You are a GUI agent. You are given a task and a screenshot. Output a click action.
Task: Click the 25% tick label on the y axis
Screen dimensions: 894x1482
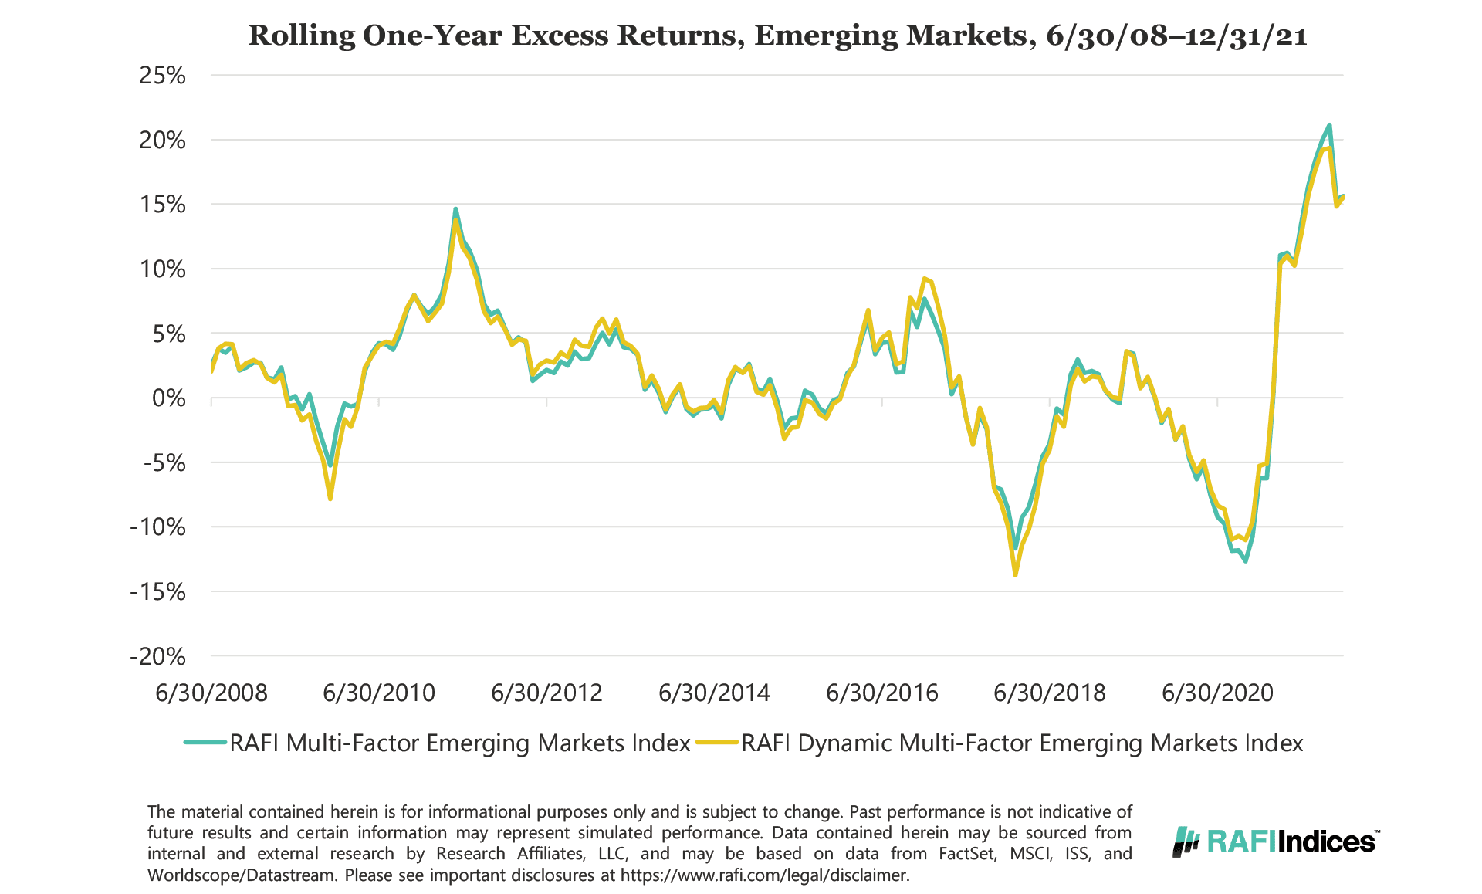tap(162, 76)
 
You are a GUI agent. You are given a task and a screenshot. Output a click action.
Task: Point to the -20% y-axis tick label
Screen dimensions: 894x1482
tap(158, 657)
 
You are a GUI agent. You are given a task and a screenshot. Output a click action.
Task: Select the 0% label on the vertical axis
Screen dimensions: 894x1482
tap(168, 398)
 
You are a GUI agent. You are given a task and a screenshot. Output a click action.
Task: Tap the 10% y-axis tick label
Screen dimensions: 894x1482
tap(162, 269)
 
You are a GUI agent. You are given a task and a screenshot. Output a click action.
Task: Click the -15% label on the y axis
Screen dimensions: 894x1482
tap(158, 592)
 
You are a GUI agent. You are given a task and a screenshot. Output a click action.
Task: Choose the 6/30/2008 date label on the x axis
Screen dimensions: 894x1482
tap(211, 693)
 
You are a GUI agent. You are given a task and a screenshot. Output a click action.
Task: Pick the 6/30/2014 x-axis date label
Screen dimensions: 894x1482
tap(714, 693)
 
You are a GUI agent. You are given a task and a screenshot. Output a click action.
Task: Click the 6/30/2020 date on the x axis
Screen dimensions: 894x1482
tap(1217, 693)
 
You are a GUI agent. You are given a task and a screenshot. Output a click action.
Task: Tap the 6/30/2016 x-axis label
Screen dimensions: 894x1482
tap(881, 693)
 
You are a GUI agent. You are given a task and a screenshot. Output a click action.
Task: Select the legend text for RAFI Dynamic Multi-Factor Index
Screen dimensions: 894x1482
tap(1022, 743)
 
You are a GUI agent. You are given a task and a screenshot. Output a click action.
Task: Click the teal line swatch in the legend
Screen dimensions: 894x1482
tap(205, 743)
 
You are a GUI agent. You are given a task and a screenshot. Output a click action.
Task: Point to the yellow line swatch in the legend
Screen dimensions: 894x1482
tap(717, 743)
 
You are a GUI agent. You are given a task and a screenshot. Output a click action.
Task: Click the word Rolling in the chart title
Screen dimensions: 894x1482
tap(301, 36)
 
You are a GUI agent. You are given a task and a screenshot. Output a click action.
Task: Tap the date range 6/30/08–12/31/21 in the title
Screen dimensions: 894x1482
tap(1176, 36)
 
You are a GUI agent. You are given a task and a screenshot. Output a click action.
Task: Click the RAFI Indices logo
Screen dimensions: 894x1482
tap(1276, 841)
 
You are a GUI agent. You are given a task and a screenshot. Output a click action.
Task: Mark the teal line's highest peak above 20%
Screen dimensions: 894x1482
tap(1329, 125)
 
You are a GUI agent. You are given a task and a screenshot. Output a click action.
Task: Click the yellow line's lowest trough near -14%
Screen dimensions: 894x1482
tap(1015, 574)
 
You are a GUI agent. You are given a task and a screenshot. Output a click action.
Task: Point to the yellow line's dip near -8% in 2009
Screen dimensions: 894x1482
tap(330, 499)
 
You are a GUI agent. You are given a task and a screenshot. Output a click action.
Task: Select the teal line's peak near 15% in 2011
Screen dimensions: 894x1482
tap(455, 208)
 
